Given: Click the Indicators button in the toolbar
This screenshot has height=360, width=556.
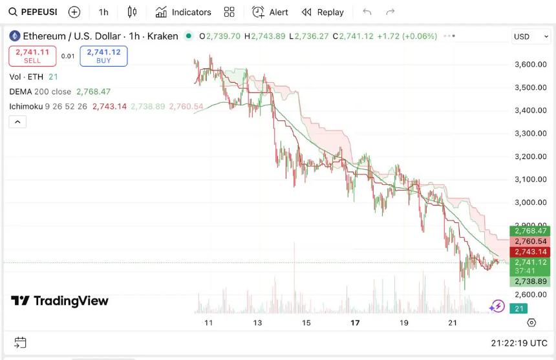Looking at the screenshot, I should tap(184, 12).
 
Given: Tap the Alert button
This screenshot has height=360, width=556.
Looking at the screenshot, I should tap(270, 12).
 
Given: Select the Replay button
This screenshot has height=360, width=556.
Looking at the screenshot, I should tap(323, 12).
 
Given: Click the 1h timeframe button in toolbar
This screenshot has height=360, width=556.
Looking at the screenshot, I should tap(103, 12).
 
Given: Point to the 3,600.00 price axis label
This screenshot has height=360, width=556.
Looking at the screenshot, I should tap(531, 65).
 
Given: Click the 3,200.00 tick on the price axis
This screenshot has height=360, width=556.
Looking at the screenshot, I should tap(531, 156).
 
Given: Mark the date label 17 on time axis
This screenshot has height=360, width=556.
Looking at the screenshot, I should tap(355, 323).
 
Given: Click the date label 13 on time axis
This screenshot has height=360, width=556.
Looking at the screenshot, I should tap(257, 323).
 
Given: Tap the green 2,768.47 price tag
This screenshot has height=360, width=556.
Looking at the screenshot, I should tap(530, 231).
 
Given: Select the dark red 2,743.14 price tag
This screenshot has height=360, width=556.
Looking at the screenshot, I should tap(530, 251).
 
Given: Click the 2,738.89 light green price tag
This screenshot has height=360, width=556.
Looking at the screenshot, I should tap(530, 281).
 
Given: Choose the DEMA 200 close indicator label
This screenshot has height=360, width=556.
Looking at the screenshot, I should tap(40, 92).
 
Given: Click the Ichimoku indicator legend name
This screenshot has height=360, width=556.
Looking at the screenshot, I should tap(26, 106).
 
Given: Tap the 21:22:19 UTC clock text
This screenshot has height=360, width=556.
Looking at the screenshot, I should tap(519, 343).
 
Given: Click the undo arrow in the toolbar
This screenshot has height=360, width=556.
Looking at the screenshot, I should tap(367, 12).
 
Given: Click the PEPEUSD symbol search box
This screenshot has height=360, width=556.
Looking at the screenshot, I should tap(32, 12).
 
